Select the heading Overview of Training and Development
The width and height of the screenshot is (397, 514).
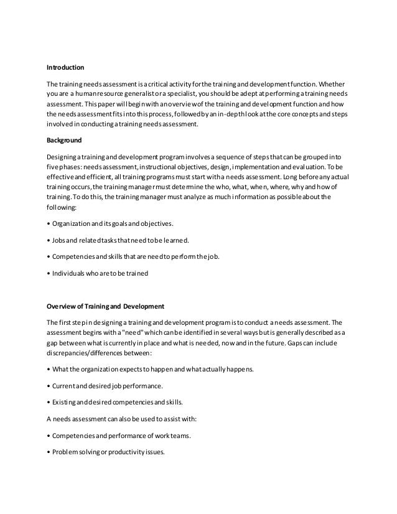click(105, 306)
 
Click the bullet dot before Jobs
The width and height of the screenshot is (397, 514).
click(49, 241)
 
